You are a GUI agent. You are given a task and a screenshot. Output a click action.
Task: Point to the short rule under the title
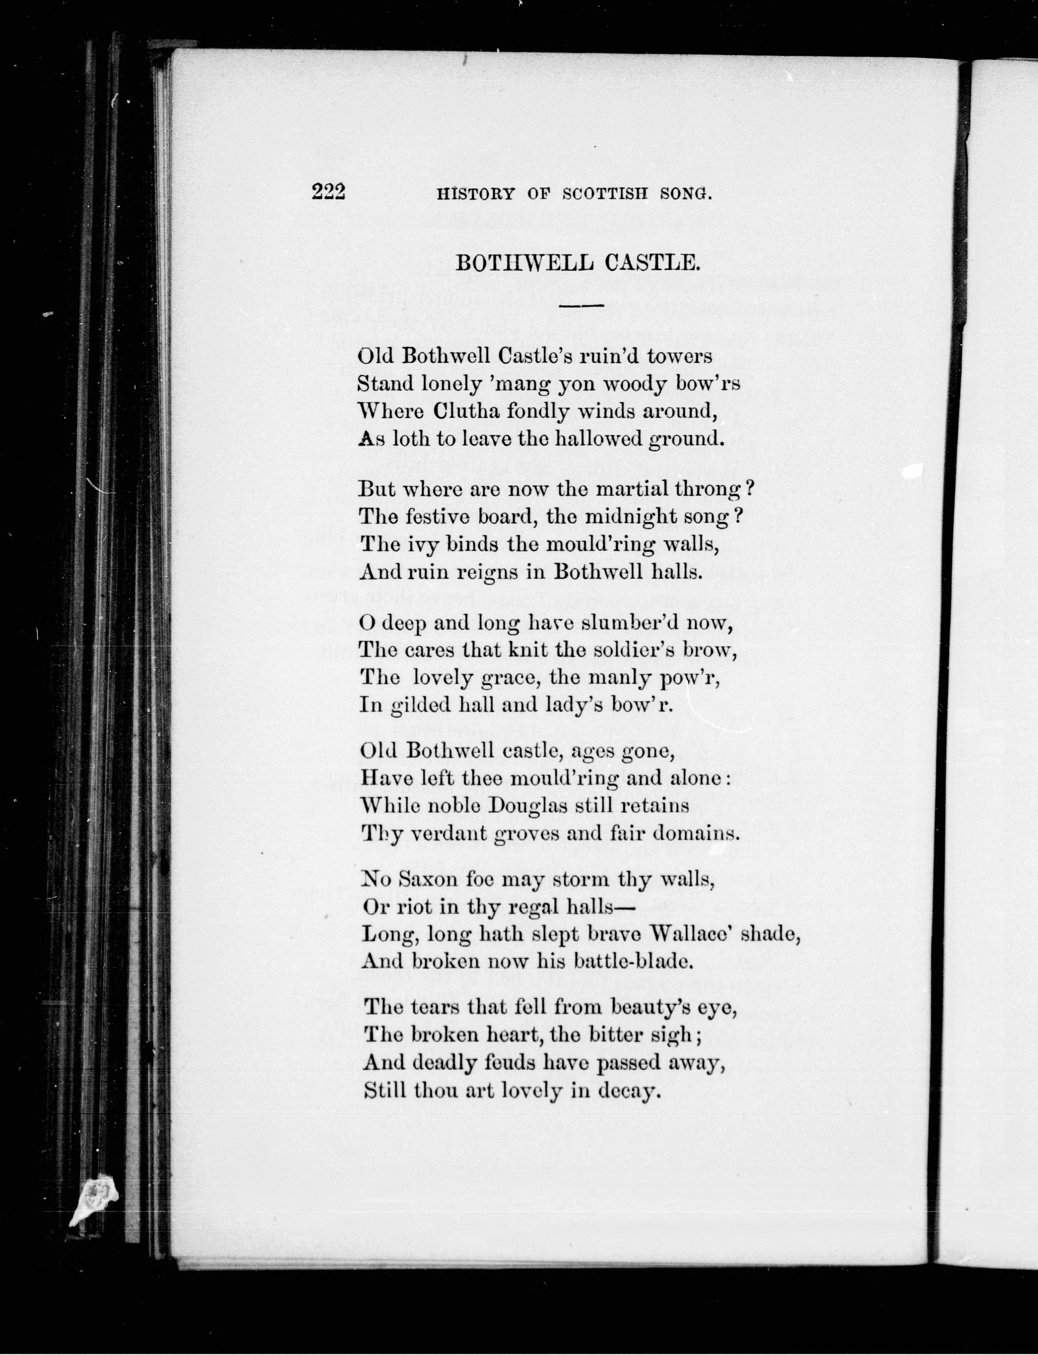point(582,305)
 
